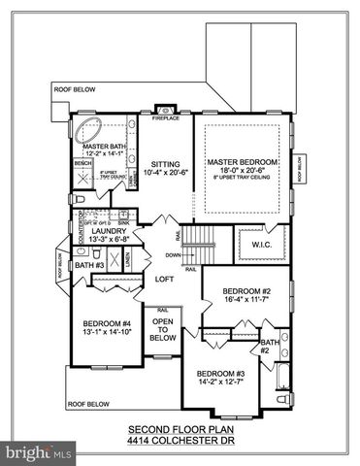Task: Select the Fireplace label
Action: tap(165, 118)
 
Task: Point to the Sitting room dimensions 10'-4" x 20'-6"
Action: tap(165, 173)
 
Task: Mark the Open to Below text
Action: tap(163, 329)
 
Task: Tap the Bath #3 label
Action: tap(89, 265)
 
